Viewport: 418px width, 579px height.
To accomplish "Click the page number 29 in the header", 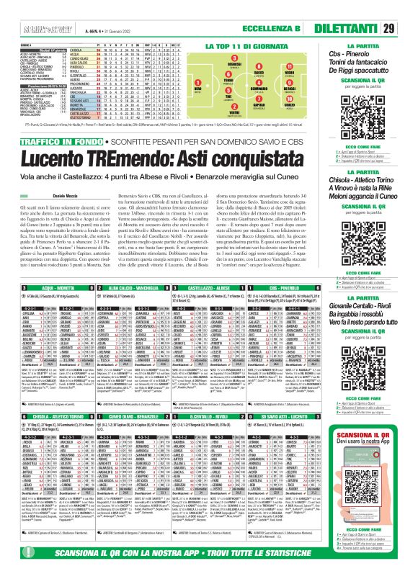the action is pos(407,28).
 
